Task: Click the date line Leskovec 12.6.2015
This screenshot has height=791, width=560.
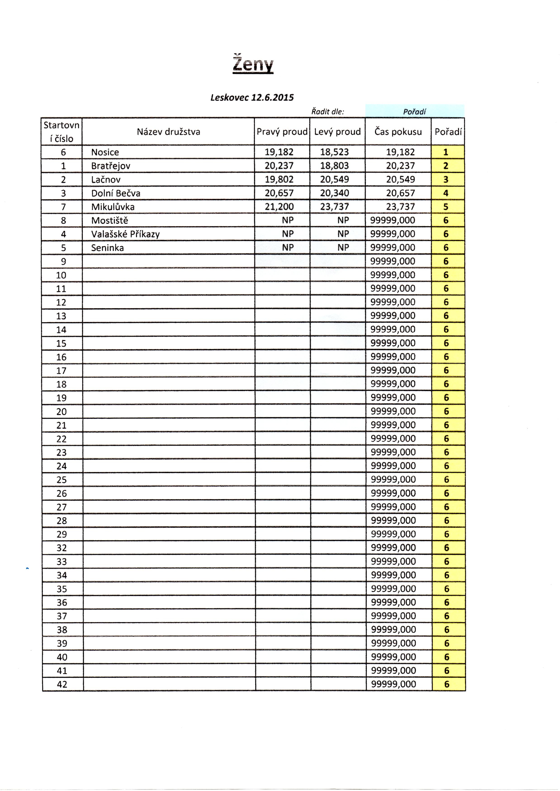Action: (252, 98)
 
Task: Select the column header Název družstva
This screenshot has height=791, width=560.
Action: (168, 132)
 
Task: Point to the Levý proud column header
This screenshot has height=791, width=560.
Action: (337, 132)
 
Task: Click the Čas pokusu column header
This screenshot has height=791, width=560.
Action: (398, 132)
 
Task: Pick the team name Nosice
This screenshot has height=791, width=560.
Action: (105, 152)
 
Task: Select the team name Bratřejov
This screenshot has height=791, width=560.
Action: (111, 166)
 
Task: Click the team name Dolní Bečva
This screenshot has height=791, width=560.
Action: (116, 193)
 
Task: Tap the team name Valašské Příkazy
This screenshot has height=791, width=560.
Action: (125, 234)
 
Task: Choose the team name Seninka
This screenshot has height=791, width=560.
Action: (107, 248)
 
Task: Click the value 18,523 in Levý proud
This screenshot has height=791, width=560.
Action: (334, 152)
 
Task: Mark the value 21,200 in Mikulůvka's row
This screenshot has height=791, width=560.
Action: (279, 207)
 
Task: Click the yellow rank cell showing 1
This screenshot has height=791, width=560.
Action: (446, 152)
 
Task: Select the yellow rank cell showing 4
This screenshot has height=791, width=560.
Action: (446, 193)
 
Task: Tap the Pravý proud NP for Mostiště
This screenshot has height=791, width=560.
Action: (288, 220)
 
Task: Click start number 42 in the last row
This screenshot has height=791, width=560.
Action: (62, 684)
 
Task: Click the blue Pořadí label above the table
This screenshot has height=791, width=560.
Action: (414, 112)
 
